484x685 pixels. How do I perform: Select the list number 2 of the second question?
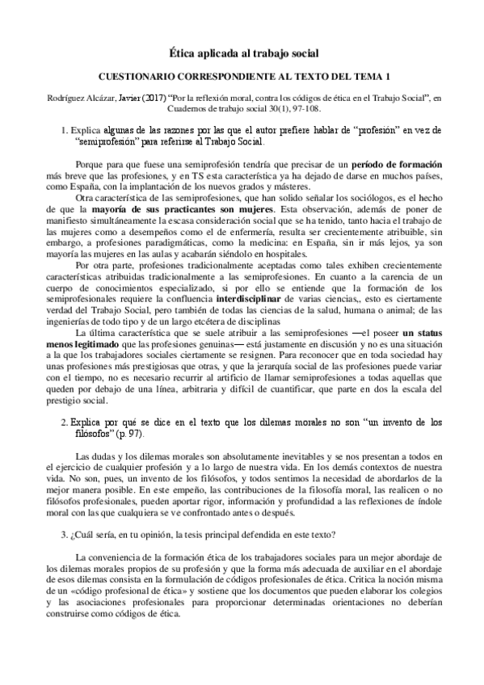pyautogui.click(x=64, y=422)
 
